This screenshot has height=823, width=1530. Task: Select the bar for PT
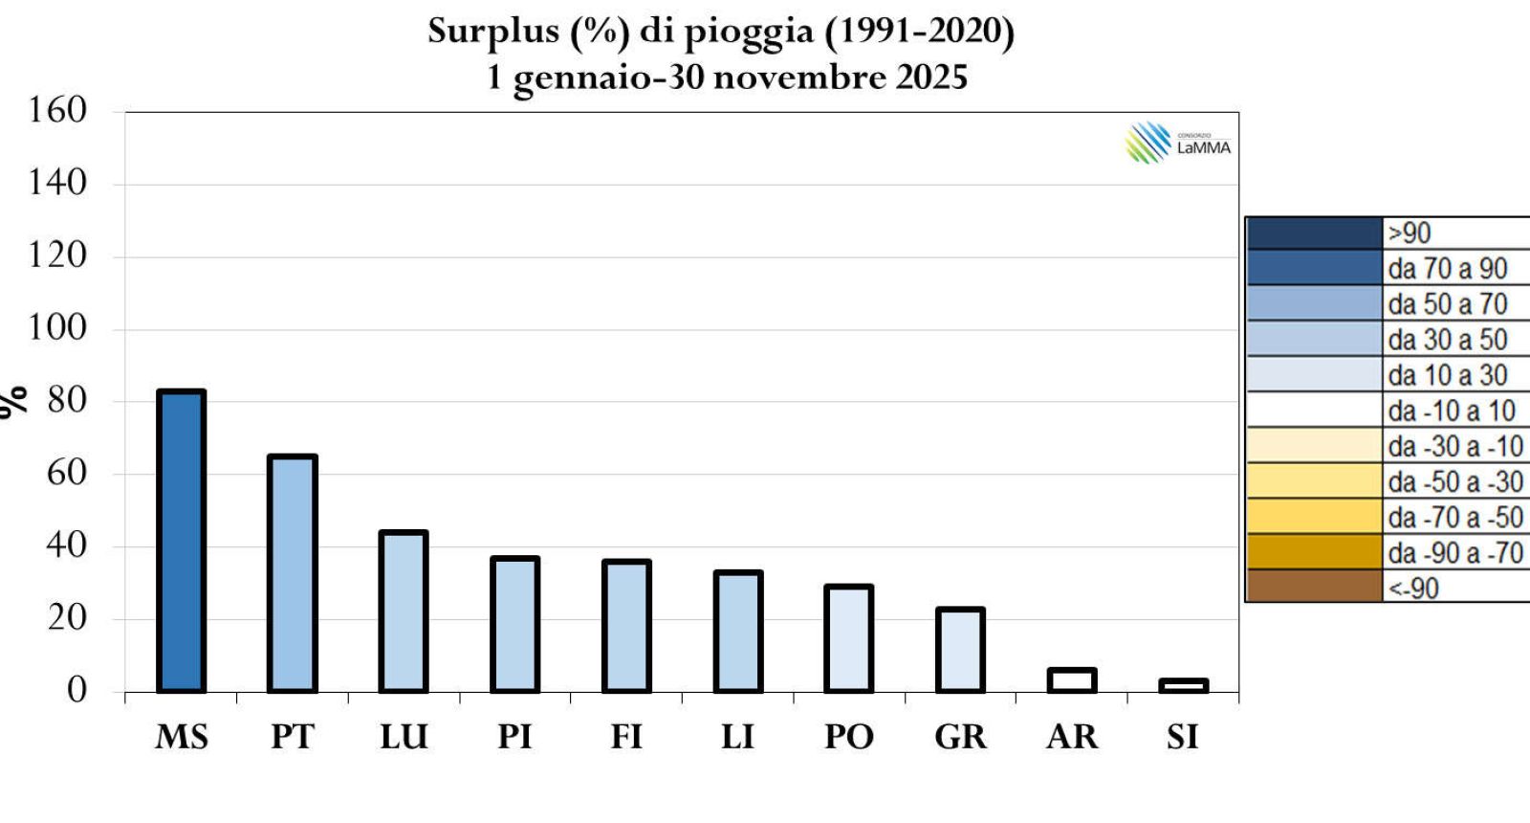pos(293,573)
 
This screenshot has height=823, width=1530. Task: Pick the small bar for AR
pos(1072,680)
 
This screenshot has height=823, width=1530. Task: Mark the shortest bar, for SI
pos(1183,685)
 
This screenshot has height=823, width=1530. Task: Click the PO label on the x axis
pos(849,737)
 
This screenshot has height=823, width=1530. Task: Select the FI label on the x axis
pos(626,737)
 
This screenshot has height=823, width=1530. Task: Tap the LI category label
pos(737,737)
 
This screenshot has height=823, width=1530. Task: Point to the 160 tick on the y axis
pos(57,110)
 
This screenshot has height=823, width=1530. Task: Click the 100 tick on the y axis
pos(57,327)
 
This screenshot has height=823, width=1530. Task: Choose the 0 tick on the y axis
pos(76,689)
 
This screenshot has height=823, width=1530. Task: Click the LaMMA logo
pos(1177,144)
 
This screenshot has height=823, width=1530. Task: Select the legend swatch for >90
pos(1314,234)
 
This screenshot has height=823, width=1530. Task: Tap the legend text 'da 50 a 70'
pos(1447,304)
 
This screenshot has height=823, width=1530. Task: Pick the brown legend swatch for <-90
pos(1314,587)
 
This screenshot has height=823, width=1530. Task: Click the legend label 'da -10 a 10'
pos(1452,411)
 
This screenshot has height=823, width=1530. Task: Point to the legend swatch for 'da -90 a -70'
pos(1314,552)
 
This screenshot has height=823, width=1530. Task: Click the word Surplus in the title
pos(492,32)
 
